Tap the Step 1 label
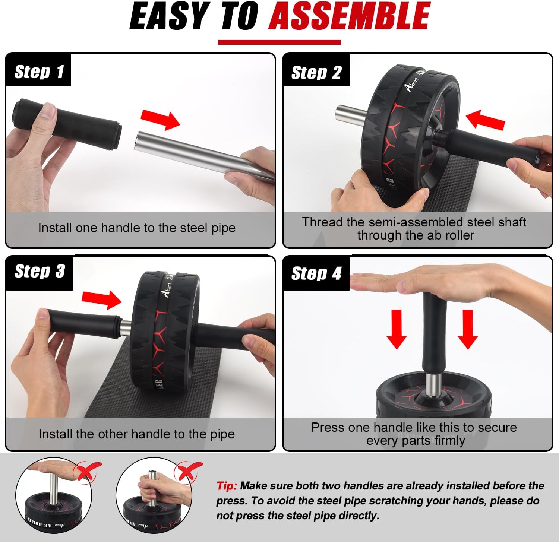pyautogui.click(x=39, y=72)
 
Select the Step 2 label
pyautogui.click(x=316, y=72)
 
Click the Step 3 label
pyautogui.click(x=40, y=271)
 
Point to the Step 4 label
pyautogui.click(x=316, y=273)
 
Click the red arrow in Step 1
pyautogui.click(x=160, y=118)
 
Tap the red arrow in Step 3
pyautogui.click(x=101, y=299)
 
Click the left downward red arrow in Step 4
pyautogui.click(x=397, y=329)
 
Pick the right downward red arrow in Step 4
pyautogui.click(x=468, y=329)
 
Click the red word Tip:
pyautogui.click(x=227, y=486)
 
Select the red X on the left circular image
pyautogui.click(x=87, y=471)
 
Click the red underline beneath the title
pyautogui.click(x=279, y=42)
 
